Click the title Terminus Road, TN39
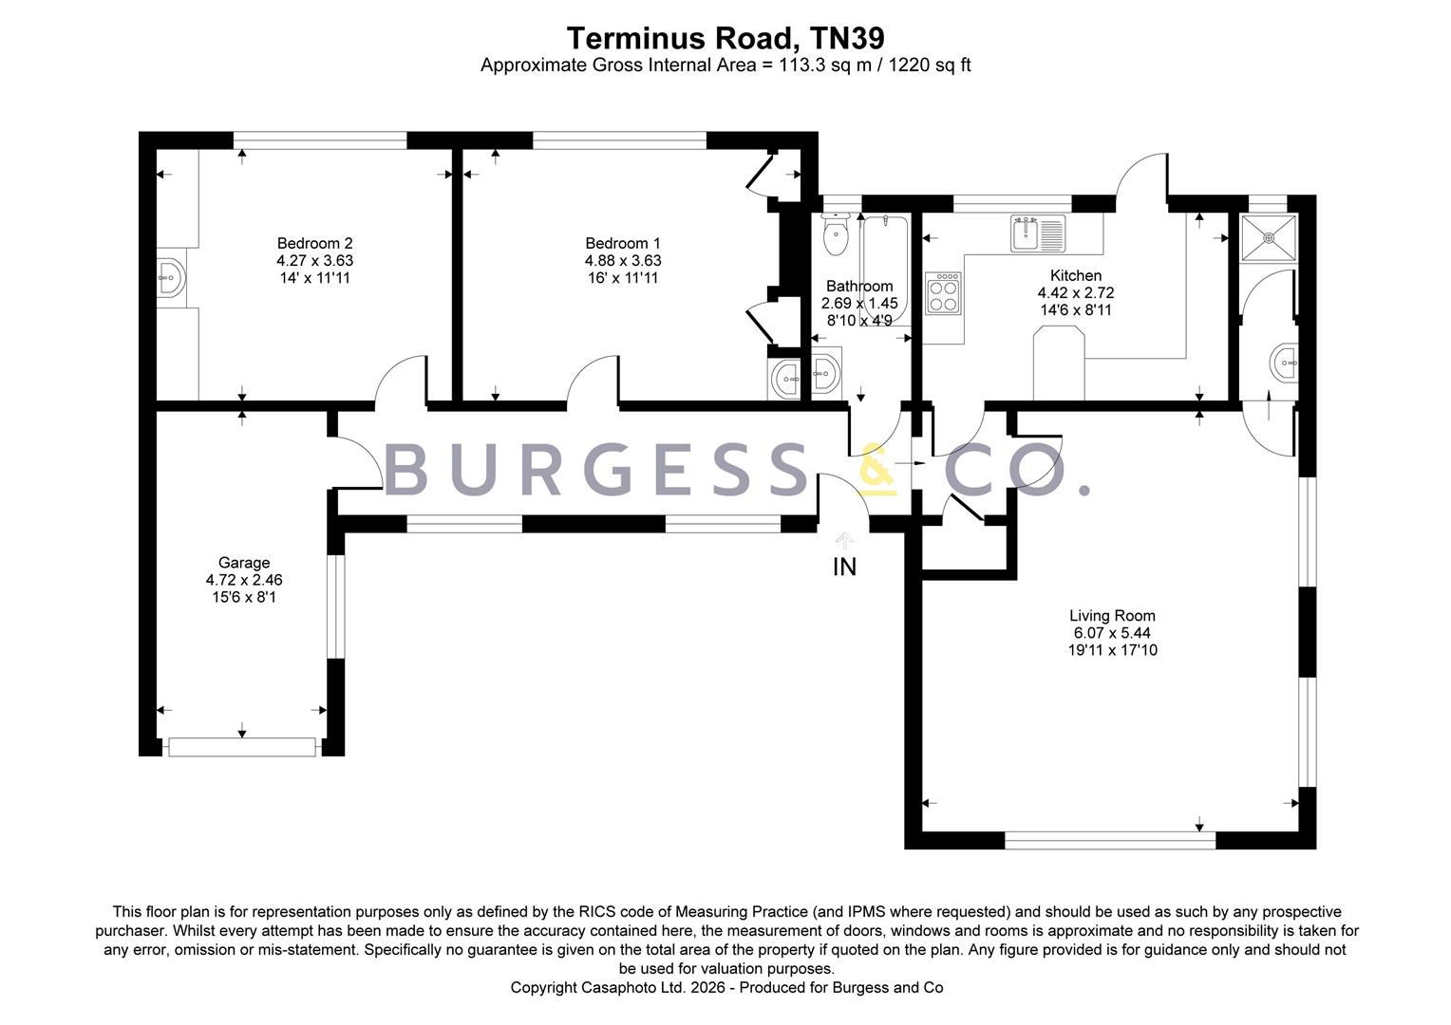[x=725, y=38]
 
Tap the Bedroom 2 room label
[x=315, y=244]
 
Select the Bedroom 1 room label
[x=623, y=244]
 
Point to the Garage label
[x=243, y=563]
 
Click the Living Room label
[x=1112, y=616]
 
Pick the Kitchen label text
[x=1076, y=275]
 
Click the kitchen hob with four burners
[x=943, y=293]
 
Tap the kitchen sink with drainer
[x=1038, y=233]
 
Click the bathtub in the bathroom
[x=885, y=270]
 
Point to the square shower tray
[x=1269, y=238]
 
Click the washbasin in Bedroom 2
[x=171, y=278]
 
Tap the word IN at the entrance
[x=844, y=568]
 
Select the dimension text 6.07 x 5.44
[x=1112, y=633]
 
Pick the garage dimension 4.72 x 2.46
[x=243, y=580]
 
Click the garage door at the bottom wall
[x=242, y=747]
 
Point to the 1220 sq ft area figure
[x=930, y=65]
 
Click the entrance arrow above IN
[x=844, y=541]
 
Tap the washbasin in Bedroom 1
[x=785, y=378]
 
